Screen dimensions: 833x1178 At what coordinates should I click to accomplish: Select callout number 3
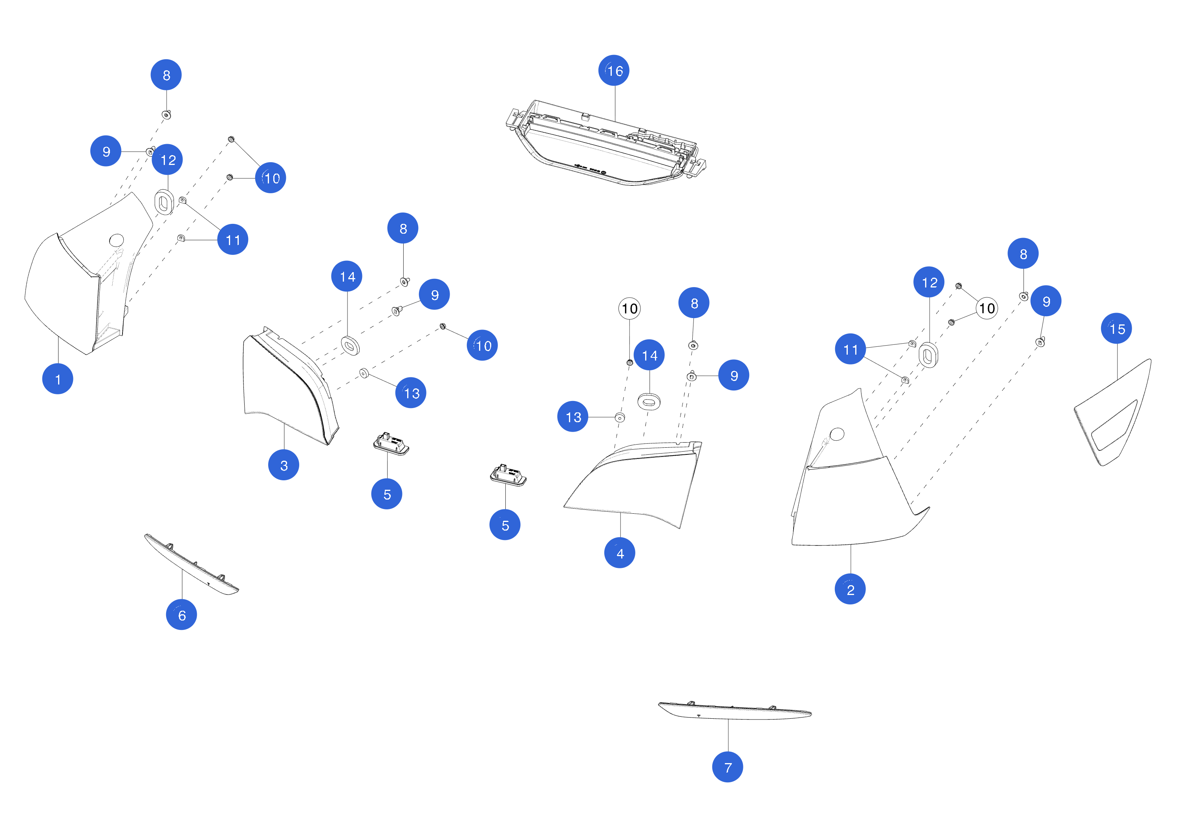284,465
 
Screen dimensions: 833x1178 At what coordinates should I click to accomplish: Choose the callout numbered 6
182,615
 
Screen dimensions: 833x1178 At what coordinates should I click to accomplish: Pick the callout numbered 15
1116,328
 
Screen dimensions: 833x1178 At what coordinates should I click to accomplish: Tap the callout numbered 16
614,70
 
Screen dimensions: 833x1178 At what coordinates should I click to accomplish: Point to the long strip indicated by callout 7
734,711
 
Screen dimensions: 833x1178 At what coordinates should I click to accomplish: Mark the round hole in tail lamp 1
117,240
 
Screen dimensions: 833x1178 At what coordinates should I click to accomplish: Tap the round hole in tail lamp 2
837,434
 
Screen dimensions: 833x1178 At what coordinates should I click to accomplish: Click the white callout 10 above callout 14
629,308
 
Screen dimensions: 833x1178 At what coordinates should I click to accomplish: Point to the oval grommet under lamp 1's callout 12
164,202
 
